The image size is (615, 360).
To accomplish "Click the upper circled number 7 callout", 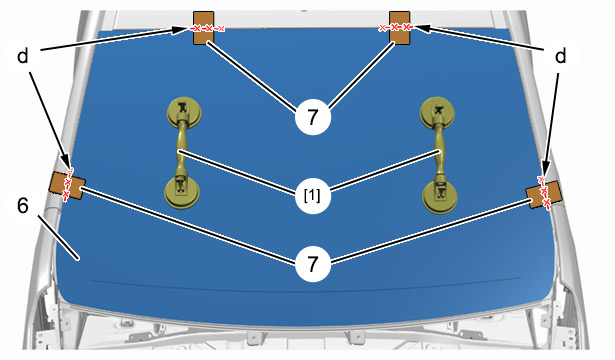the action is [313, 117].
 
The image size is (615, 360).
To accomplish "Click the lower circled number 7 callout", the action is [313, 264].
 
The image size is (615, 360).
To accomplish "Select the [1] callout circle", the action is [313, 195].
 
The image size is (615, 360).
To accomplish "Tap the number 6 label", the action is [23, 205].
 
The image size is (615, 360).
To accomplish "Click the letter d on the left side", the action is [23, 56].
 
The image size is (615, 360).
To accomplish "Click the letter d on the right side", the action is [561, 56].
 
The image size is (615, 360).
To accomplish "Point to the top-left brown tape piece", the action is [204, 27].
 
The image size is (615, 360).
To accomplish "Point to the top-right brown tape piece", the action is [400, 27].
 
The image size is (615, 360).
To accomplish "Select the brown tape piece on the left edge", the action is [67, 186].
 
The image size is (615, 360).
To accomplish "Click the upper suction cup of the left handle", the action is [184, 113].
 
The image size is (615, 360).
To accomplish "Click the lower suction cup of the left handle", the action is [182, 192].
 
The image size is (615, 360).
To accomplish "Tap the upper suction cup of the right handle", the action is [437, 113].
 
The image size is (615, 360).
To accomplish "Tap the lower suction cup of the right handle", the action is [440, 197].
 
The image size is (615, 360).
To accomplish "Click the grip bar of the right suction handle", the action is [439, 151].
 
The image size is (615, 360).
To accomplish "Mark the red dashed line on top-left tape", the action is [207, 28].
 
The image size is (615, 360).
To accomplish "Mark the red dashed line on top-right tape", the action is [395, 27].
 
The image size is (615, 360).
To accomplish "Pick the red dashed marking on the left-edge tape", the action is [68, 184].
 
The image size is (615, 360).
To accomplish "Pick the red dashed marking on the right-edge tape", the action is [544, 192].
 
